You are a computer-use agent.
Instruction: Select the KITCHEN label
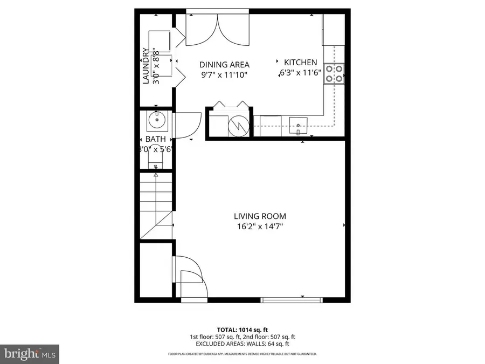pyautogui.click(x=301, y=63)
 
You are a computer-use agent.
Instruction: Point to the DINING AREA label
pyautogui.click(x=224, y=65)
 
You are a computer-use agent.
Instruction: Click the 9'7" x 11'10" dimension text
pyautogui.click(x=224, y=75)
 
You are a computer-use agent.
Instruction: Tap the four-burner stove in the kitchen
pyautogui.click(x=334, y=74)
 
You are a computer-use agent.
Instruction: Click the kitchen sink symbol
pyautogui.click(x=298, y=128)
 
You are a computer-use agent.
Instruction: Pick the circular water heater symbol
pyautogui.click(x=236, y=127)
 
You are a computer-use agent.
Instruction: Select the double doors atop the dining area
pyautogui.click(x=218, y=30)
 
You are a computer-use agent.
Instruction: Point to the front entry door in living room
pyautogui.click(x=190, y=276)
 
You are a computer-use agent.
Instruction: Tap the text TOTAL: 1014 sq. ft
pyautogui.click(x=242, y=329)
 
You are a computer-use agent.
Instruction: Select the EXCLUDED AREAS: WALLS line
pyautogui.click(x=242, y=344)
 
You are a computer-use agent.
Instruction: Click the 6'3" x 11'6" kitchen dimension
pyautogui.click(x=301, y=74)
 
